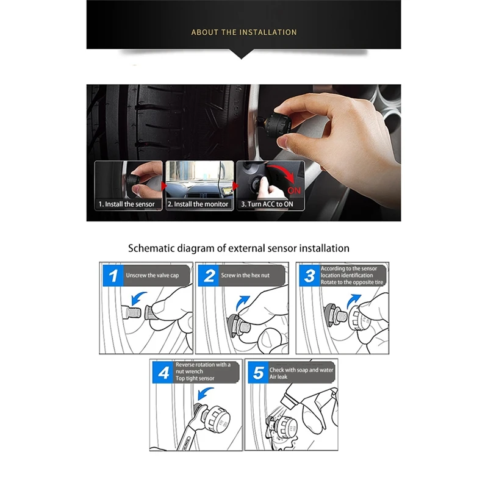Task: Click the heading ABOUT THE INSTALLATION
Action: tap(244, 32)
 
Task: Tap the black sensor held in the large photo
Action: tap(278, 123)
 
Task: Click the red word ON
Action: tap(294, 190)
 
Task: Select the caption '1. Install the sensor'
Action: tap(127, 204)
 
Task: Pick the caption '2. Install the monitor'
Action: tap(198, 204)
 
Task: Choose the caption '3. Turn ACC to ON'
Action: tap(267, 204)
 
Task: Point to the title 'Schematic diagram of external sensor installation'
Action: tap(239, 248)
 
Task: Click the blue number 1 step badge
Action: tap(113, 276)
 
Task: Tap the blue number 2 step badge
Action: tap(209, 276)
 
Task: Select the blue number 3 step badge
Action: tap(309, 276)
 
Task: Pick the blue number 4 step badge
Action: tap(163, 373)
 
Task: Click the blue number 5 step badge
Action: tap(258, 373)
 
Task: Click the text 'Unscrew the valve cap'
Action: tap(152, 276)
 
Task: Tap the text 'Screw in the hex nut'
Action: tap(245, 276)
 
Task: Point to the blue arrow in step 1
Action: tap(138, 298)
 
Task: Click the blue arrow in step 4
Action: tap(204, 393)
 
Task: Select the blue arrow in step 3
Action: tap(353, 301)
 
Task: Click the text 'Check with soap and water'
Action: tap(301, 370)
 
